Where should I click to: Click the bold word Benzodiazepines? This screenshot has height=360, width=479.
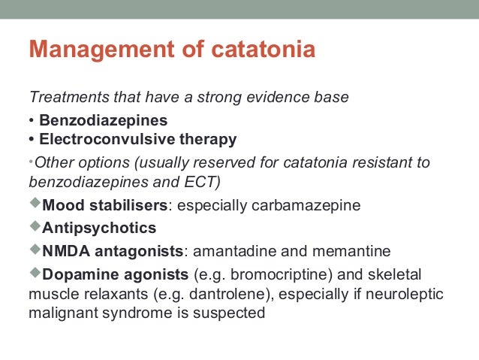pyautogui.click(x=104, y=120)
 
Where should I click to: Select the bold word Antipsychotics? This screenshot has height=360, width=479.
pyautogui.click(x=100, y=228)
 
